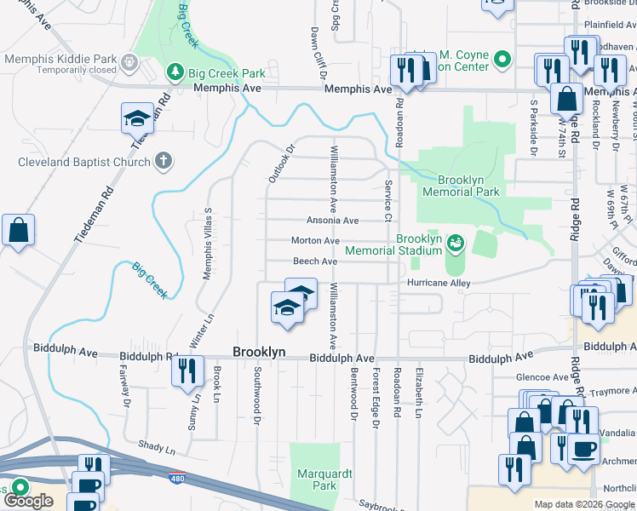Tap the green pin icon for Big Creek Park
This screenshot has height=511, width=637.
[x=175, y=71]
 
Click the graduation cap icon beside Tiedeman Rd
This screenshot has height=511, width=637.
[x=137, y=118]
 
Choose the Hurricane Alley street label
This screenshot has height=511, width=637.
[x=439, y=283]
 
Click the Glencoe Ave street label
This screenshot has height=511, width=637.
[x=542, y=377]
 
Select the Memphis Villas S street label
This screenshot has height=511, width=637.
[x=206, y=243]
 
